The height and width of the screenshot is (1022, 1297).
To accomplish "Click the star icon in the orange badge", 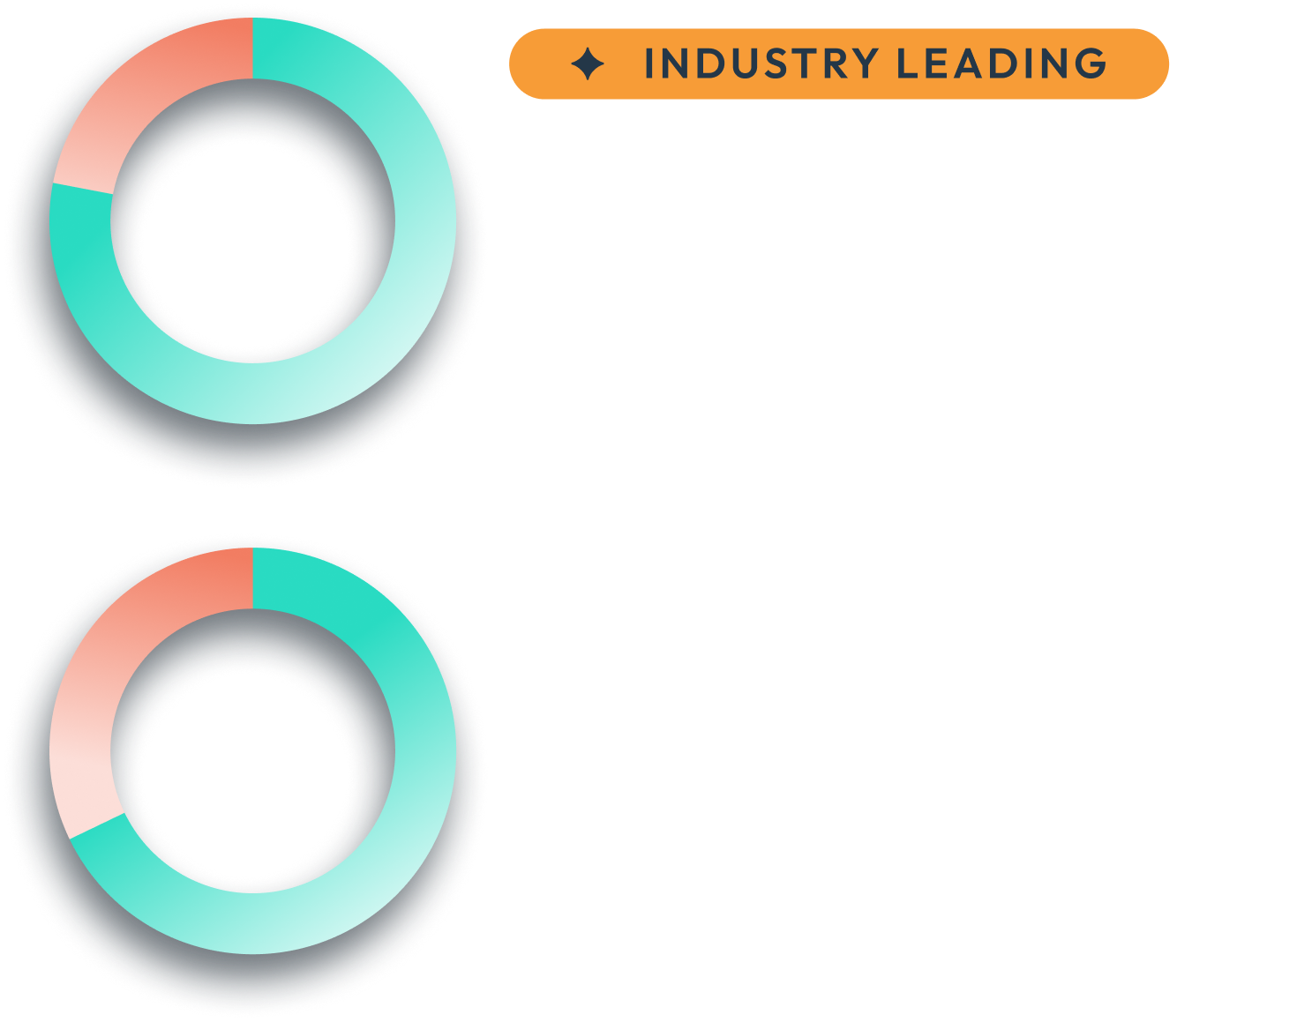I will (588, 64).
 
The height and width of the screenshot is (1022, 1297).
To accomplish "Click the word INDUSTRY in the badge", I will (761, 64).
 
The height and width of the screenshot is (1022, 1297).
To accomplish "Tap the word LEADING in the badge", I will (1001, 64).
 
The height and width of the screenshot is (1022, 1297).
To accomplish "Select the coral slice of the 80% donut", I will (97, 697).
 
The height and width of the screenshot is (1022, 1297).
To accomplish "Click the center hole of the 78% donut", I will (245, 245).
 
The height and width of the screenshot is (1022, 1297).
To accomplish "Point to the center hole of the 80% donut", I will (245, 774).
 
